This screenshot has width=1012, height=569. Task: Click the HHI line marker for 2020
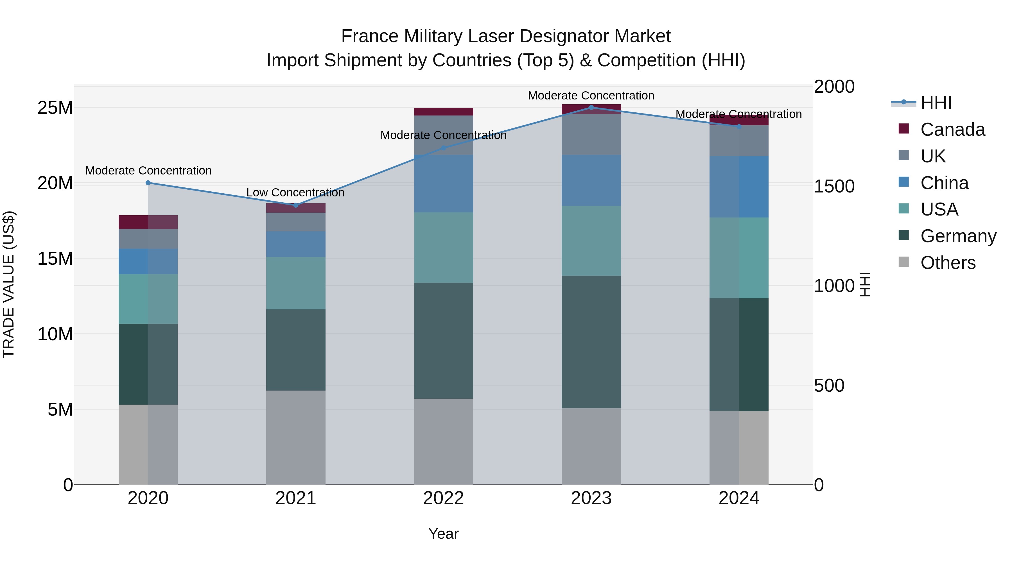(148, 183)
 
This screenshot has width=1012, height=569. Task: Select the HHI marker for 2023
(591, 108)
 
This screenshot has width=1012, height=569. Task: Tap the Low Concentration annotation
(295, 192)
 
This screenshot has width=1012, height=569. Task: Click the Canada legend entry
(952, 130)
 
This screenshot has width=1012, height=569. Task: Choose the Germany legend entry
(958, 236)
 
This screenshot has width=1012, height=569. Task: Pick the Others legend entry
(948, 263)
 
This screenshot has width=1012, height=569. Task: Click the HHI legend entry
(936, 103)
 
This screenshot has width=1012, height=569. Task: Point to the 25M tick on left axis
(55, 108)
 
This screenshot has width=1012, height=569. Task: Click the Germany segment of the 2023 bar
(591, 342)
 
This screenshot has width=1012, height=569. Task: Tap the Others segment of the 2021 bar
(296, 437)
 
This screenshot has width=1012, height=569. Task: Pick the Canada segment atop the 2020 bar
(148, 222)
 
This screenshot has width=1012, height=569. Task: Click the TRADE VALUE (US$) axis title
(9, 284)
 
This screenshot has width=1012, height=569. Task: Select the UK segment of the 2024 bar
(738, 140)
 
